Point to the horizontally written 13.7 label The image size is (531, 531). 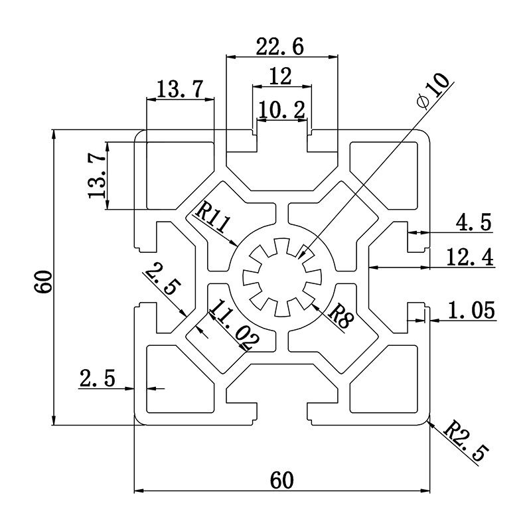tap(180, 89)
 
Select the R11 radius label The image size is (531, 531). tap(213, 219)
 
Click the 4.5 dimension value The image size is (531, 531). tap(473, 222)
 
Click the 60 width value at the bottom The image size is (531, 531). tap(281, 479)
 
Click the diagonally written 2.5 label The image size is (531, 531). tap(161, 279)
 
